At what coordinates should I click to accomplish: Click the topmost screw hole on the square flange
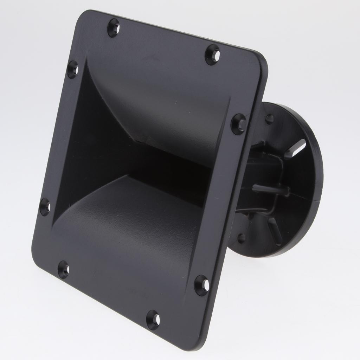tap(113, 27)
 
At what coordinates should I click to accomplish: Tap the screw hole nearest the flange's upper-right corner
tap(213, 54)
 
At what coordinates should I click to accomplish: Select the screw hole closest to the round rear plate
tap(239, 124)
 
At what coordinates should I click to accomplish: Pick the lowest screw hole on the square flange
tap(153, 320)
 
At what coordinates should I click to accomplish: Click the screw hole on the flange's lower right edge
tap(202, 285)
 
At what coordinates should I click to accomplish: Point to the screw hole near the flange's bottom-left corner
tap(64, 270)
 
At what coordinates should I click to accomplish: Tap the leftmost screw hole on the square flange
tap(45, 207)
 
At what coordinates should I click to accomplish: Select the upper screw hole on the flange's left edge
tap(73, 69)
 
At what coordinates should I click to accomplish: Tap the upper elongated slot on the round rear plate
tap(295, 149)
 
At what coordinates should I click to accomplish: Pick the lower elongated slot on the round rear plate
tap(275, 231)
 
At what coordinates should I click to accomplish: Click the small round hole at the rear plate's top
tap(269, 119)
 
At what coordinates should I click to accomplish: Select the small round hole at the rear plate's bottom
tap(241, 238)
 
